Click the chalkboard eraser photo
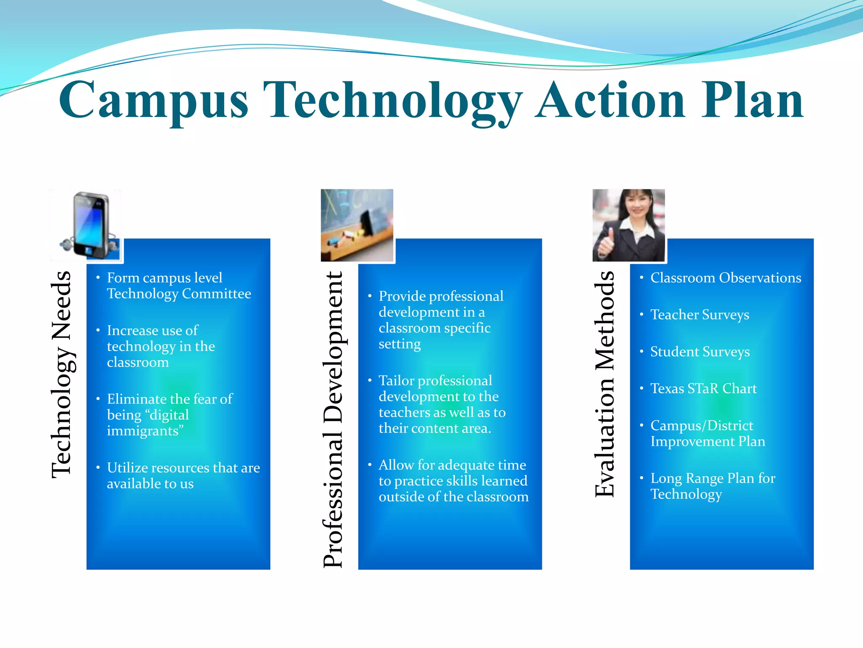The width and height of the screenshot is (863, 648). tap(357, 225)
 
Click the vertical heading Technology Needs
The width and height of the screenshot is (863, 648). tap(62, 375)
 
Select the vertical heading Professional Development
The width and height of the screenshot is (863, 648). tap(334, 419)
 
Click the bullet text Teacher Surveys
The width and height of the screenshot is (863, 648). tap(700, 315)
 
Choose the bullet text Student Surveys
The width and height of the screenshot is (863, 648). tap(700, 352)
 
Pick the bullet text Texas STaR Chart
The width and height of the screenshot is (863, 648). tap(703, 389)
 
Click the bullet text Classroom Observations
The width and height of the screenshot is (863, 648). tap(726, 278)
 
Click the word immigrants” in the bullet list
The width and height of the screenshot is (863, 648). tap(145, 431)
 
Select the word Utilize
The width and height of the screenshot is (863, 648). tap(127, 468)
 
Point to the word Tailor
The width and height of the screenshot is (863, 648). tap(397, 381)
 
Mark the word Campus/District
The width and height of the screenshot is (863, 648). tap(702, 426)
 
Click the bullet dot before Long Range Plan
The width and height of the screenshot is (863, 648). tap(641, 478)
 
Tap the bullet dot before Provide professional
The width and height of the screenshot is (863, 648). tap(370, 296)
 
